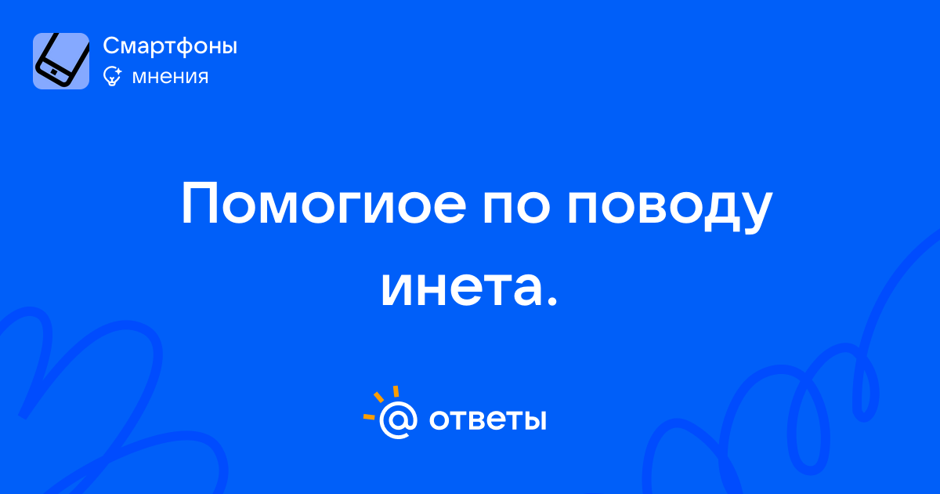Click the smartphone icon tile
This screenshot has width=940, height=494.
click(x=61, y=61)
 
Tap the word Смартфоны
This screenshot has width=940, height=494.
click(x=170, y=46)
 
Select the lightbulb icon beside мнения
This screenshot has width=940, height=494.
click(x=112, y=76)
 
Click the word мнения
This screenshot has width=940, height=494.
click(x=170, y=78)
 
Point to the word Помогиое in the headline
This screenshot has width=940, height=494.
click(x=324, y=204)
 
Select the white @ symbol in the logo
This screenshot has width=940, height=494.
click(x=398, y=420)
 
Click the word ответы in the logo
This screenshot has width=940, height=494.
click(x=487, y=420)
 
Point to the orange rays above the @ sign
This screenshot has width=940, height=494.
click(x=380, y=402)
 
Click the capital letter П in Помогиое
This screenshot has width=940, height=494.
click(x=199, y=204)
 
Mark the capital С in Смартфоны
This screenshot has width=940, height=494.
click(x=113, y=45)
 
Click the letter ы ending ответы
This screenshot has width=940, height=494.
click(x=534, y=420)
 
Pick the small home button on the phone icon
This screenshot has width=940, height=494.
click(x=54, y=72)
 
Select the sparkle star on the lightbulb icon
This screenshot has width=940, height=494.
click(x=118, y=71)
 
